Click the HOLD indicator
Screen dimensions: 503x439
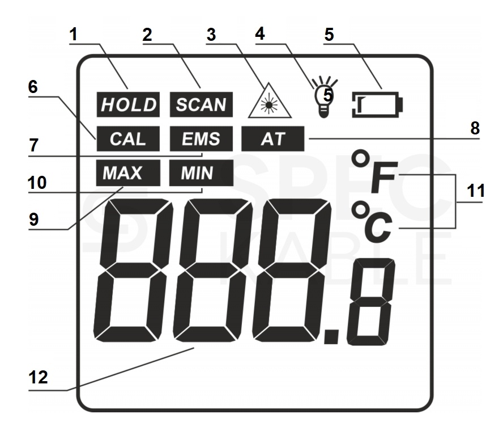[128, 104]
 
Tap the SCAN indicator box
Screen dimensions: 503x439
[201, 104]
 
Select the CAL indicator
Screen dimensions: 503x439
[128, 139]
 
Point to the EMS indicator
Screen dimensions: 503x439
[201, 139]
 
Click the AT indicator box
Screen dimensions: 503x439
[272, 139]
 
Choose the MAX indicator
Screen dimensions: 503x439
[128, 173]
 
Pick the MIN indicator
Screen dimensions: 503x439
[201, 173]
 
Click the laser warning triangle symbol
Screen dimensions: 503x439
[270, 100]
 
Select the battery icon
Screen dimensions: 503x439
[377, 105]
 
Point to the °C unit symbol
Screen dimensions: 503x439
[372, 222]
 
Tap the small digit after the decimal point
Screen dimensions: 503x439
[371, 302]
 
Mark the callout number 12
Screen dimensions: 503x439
[38, 377]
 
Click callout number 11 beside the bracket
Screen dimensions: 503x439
[476, 191]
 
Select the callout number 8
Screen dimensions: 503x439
[475, 128]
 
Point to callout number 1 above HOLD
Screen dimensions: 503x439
[74, 34]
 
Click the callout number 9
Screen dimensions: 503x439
[33, 220]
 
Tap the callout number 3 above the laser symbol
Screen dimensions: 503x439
[211, 35]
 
